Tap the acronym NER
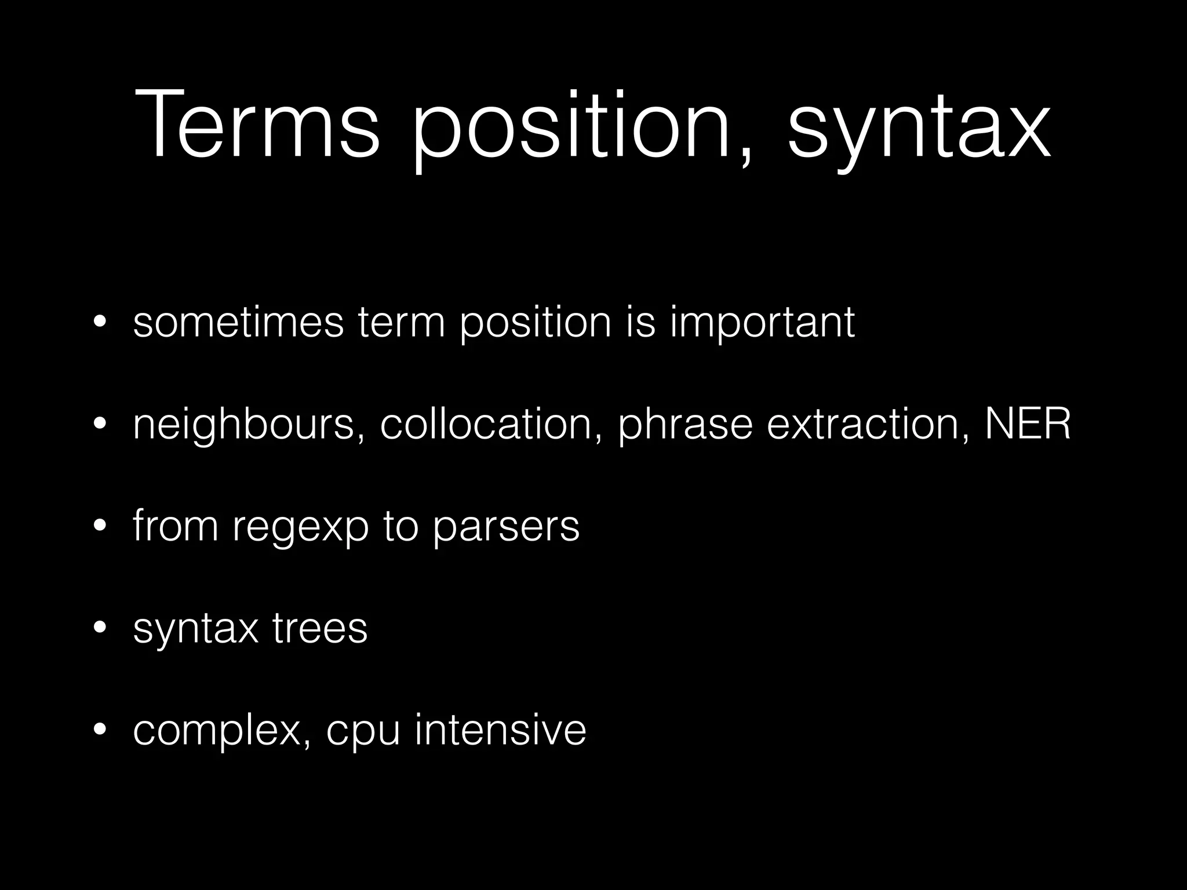click(x=1028, y=424)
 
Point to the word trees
click(x=320, y=628)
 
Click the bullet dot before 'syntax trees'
click(x=100, y=629)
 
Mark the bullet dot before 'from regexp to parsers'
click(x=100, y=527)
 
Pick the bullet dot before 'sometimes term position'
click(x=100, y=323)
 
